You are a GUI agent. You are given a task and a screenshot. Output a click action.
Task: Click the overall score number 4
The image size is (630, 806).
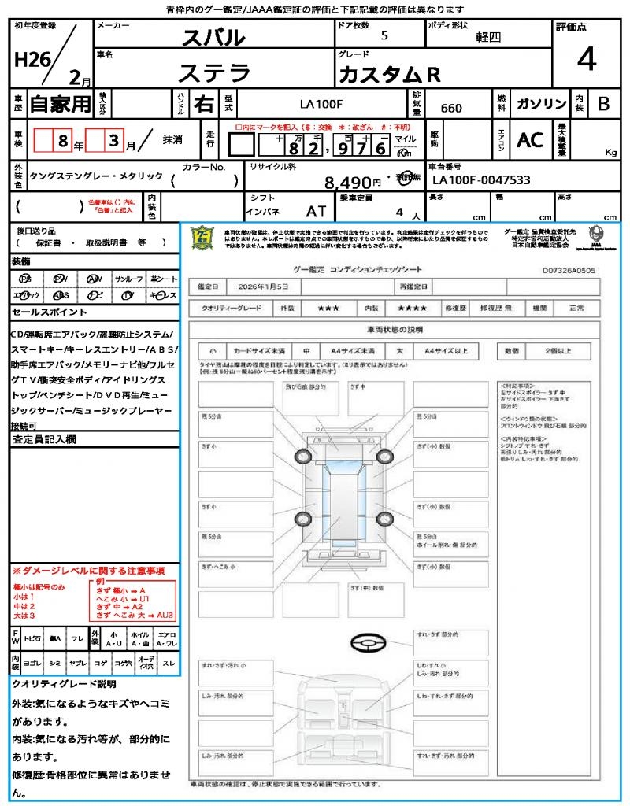click(x=586, y=59)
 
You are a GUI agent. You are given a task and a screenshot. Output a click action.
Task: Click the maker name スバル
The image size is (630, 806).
click(x=213, y=37)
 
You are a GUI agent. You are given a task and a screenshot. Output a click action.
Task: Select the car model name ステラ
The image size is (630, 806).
click(x=214, y=73)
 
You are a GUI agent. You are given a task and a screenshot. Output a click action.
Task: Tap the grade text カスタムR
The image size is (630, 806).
click(x=389, y=75)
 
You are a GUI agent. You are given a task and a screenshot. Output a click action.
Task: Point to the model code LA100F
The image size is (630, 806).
click(x=321, y=104)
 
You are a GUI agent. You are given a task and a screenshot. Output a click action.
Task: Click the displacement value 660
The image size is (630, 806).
click(x=451, y=108)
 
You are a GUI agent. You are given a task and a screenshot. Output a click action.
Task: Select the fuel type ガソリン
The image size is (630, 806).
click(x=540, y=104)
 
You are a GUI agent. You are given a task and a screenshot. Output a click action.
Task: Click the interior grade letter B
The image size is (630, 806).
click(x=603, y=104)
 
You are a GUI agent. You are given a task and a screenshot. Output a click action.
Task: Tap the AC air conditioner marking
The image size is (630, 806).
click(x=530, y=140)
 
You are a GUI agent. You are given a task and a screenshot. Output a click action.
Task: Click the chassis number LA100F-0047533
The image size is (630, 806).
click(x=481, y=180)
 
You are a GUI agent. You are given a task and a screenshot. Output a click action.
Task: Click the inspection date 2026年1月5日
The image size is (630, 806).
click(x=262, y=287)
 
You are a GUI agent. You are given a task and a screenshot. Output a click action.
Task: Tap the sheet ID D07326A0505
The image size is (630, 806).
click(x=569, y=270)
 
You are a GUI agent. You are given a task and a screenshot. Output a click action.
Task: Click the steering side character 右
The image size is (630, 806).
click(x=203, y=103)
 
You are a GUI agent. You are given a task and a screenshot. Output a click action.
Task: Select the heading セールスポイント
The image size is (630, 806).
click(x=44, y=312)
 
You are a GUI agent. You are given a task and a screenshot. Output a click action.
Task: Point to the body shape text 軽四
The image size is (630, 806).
click(x=488, y=36)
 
